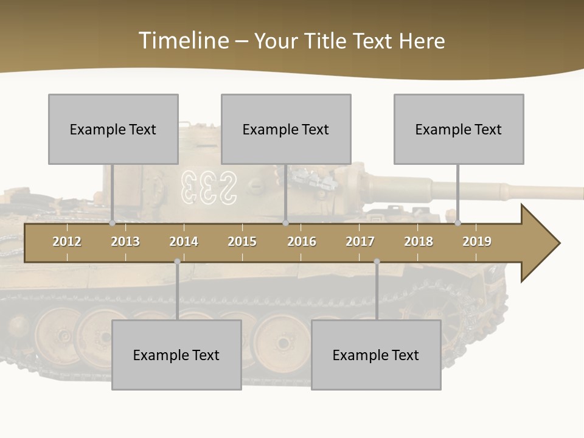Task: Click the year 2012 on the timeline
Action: pos(67,242)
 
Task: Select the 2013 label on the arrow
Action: pos(125,242)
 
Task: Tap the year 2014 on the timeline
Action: pos(184,242)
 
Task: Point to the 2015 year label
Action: pos(242,242)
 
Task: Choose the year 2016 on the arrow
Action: pos(302,242)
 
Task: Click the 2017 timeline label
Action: pos(360,242)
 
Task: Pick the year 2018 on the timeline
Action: pos(419,242)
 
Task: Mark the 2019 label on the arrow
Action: pos(477,242)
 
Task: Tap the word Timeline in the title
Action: pos(182,41)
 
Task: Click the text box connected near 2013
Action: pos(113,129)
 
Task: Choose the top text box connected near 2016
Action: pos(286,129)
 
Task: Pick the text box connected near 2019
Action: pos(459,129)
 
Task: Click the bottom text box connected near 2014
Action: pos(176,355)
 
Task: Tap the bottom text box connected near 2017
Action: pos(376,355)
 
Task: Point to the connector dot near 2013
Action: pos(113,223)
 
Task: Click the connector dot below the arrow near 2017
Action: pos(377,262)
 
